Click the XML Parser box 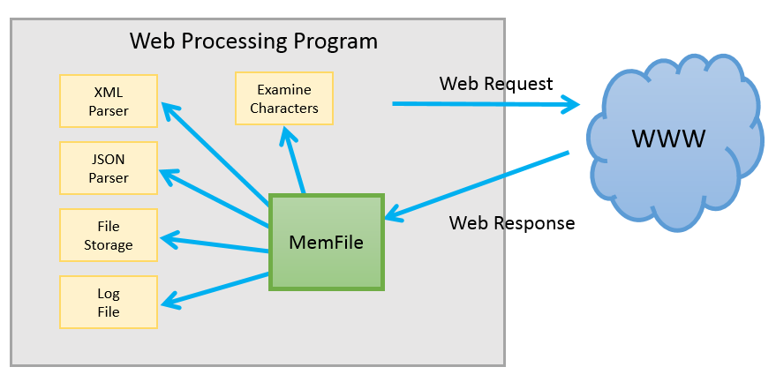pyautogui.click(x=109, y=101)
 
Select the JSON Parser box pyautogui.click(x=109, y=169)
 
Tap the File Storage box pyautogui.click(x=109, y=235)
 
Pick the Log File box pyautogui.click(x=109, y=302)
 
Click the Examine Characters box pyautogui.click(x=284, y=99)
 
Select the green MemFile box pyautogui.click(x=327, y=242)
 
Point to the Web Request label pyautogui.click(x=496, y=84)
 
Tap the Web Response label pyautogui.click(x=512, y=223)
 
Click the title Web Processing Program pyautogui.click(x=253, y=41)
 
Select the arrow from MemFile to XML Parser pyautogui.click(x=215, y=151)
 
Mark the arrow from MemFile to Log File pyautogui.click(x=215, y=288)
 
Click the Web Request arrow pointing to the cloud pyautogui.click(x=486, y=105)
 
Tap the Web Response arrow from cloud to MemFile pyautogui.click(x=477, y=185)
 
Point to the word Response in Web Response pyautogui.click(x=535, y=223)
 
